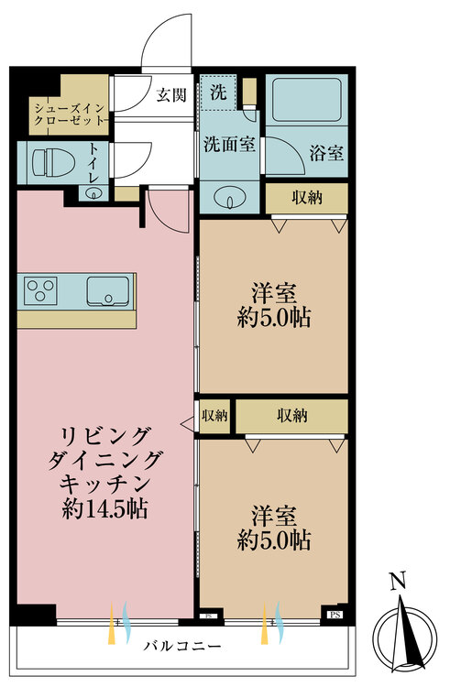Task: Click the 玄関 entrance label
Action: point(171,94)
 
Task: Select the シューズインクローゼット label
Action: point(70,114)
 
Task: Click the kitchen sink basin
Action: point(107,291)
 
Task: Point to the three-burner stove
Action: point(40,290)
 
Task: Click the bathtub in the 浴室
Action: point(307,100)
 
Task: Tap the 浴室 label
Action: point(326,153)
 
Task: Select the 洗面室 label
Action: point(229,144)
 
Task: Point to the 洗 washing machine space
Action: point(218,93)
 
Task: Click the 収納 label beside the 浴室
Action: point(307,198)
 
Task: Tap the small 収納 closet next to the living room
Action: point(214,416)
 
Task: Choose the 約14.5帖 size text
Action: point(104,508)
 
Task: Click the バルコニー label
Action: point(182,646)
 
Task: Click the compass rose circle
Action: point(404,638)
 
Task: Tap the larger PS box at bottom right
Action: point(335,615)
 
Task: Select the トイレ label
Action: point(94,164)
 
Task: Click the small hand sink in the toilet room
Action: point(93,192)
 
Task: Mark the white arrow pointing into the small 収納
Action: point(187,423)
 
